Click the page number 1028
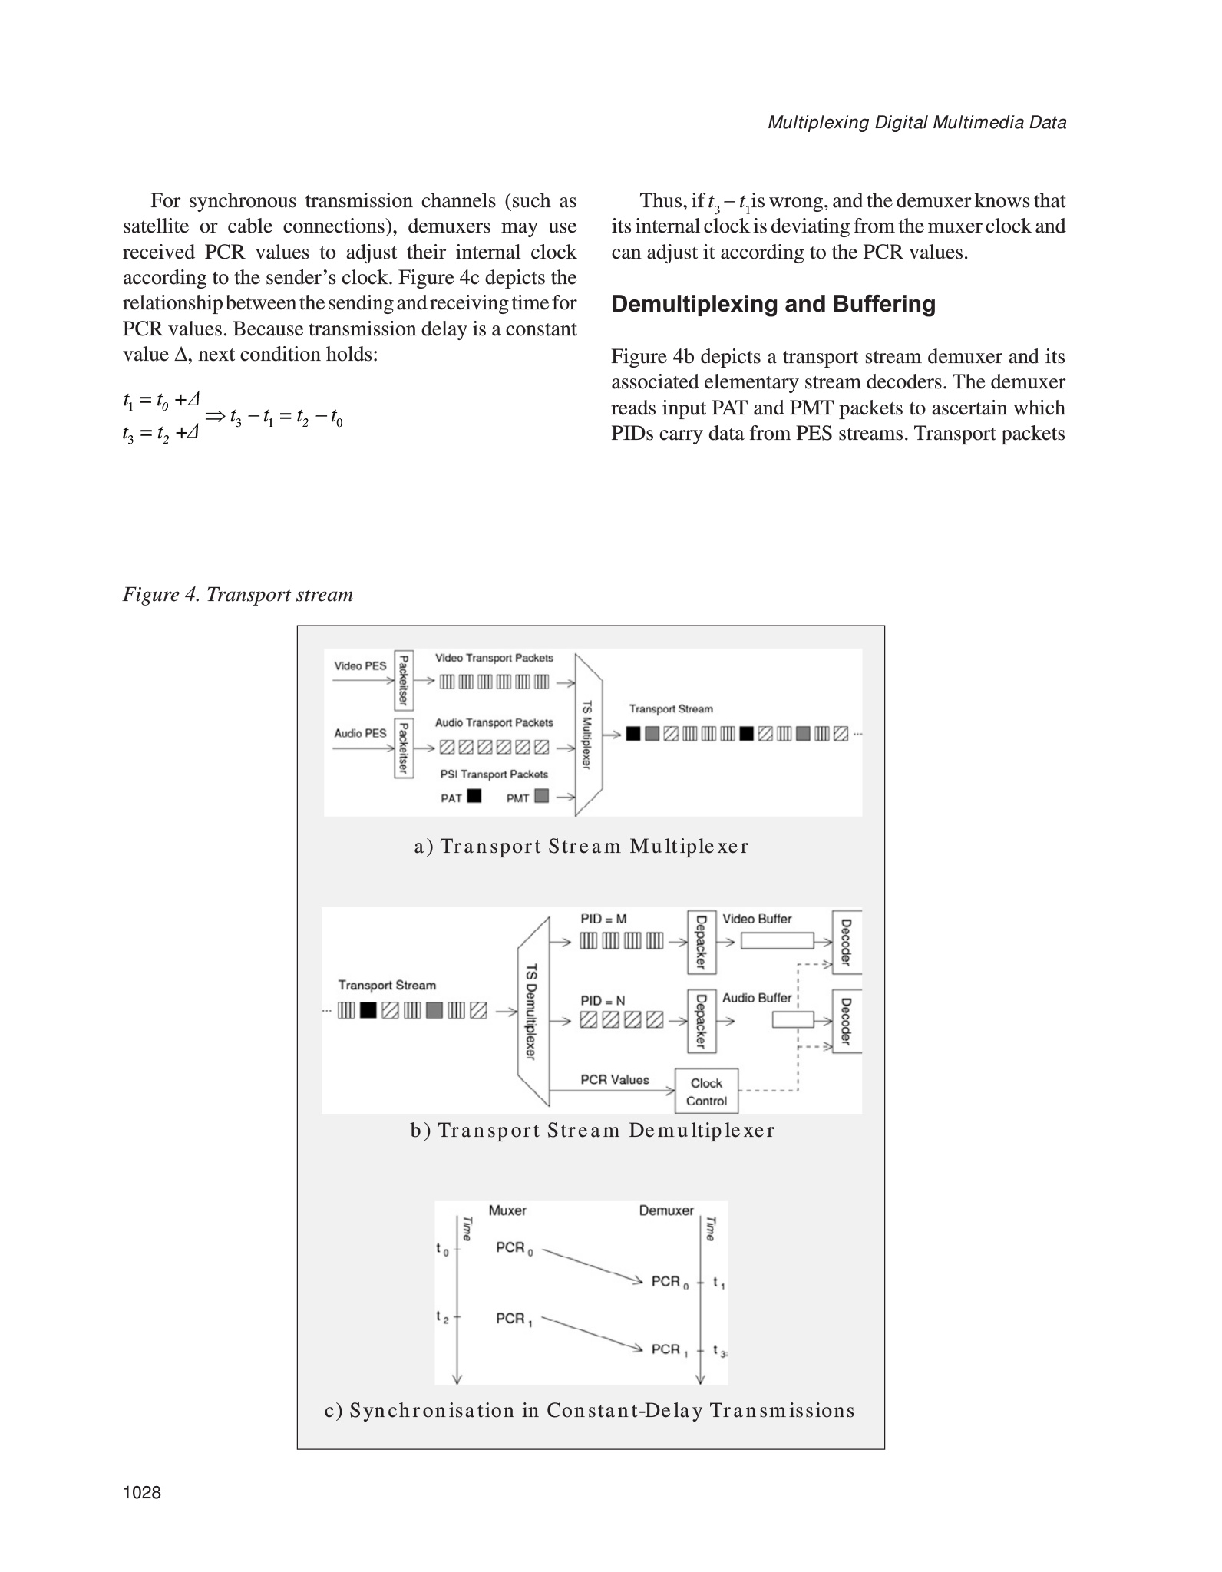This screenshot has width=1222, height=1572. click(141, 1492)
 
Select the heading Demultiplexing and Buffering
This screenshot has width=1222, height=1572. click(773, 304)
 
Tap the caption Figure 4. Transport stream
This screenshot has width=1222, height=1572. click(238, 594)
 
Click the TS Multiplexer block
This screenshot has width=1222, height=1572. click(588, 734)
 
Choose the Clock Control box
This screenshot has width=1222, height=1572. click(706, 1091)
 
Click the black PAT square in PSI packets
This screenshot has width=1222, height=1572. click(474, 796)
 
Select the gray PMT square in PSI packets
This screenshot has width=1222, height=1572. click(541, 796)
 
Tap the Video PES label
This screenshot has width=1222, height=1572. click(360, 665)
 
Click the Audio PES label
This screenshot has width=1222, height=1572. click(360, 733)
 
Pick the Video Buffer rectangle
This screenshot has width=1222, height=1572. click(777, 940)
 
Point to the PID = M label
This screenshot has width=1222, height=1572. click(603, 919)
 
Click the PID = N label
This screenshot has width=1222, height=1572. click(603, 1001)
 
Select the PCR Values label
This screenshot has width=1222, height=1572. click(614, 1079)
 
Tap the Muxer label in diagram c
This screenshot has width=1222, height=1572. click(507, 1210)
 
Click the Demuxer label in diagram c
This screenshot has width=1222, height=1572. click(665, 1210)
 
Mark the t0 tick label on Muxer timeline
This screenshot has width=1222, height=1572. click(443, 1249)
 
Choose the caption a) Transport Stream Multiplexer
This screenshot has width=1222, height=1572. click(581, 846)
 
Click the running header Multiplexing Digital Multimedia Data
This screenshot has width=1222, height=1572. click(916, 123)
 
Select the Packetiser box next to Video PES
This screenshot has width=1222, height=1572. click(404, 681)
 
